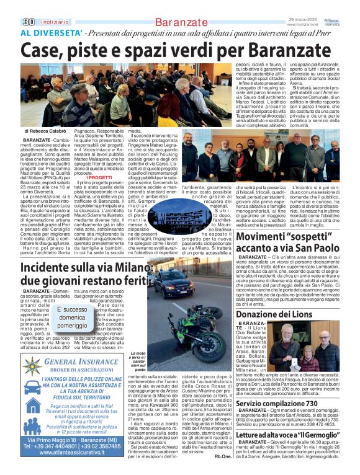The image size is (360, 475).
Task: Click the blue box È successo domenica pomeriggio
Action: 72,317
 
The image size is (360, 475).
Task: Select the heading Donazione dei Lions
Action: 275,314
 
